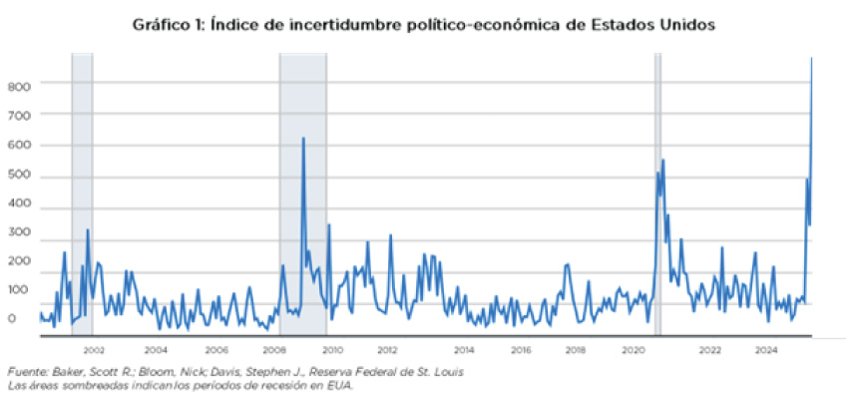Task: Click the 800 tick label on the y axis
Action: [x=19, y=86]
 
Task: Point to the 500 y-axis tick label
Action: [x=19, y=178]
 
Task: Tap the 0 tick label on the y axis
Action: [x=13, y=319]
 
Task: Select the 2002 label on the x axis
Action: [x=95, y=349]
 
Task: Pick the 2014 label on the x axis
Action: [x=465, y=349]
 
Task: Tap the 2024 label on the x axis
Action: [x=766, y=349]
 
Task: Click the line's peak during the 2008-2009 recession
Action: [x=303, y=139]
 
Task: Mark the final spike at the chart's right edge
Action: [x=811, y=59]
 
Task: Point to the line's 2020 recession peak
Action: [x=662, y=160]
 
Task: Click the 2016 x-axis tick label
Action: [x=521, y=349]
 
